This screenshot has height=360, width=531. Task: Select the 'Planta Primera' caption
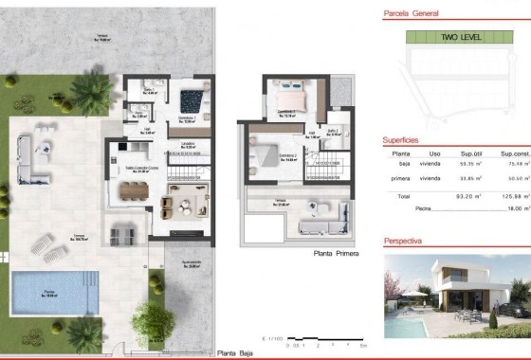337,254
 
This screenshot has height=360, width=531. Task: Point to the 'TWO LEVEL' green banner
462,37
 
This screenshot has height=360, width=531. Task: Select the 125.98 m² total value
513,195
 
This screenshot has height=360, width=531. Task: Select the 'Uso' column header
434,153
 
